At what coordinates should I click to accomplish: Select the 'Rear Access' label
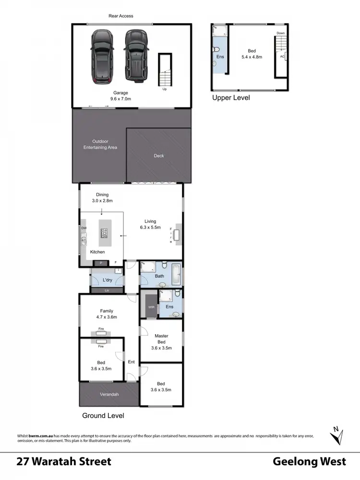click(x=120, y=16)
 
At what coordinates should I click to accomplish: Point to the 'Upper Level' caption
click(x=231, y=97)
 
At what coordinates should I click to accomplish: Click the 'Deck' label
click(x=159, y=156)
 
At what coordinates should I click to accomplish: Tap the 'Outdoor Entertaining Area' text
click(x=105, y=144)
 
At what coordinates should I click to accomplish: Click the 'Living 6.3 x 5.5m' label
click(x=148, y=224)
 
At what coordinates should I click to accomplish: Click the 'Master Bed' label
click(x=161, y=342)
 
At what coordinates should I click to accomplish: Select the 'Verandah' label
click(x=109, y=395)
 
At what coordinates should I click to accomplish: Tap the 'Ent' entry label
click(x=131, y=362)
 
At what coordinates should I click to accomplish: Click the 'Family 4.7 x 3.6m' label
click(x=107, y=314)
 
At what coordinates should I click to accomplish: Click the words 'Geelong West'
click(x=309, y=462)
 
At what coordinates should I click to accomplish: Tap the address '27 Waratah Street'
click(x=64, y=462)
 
